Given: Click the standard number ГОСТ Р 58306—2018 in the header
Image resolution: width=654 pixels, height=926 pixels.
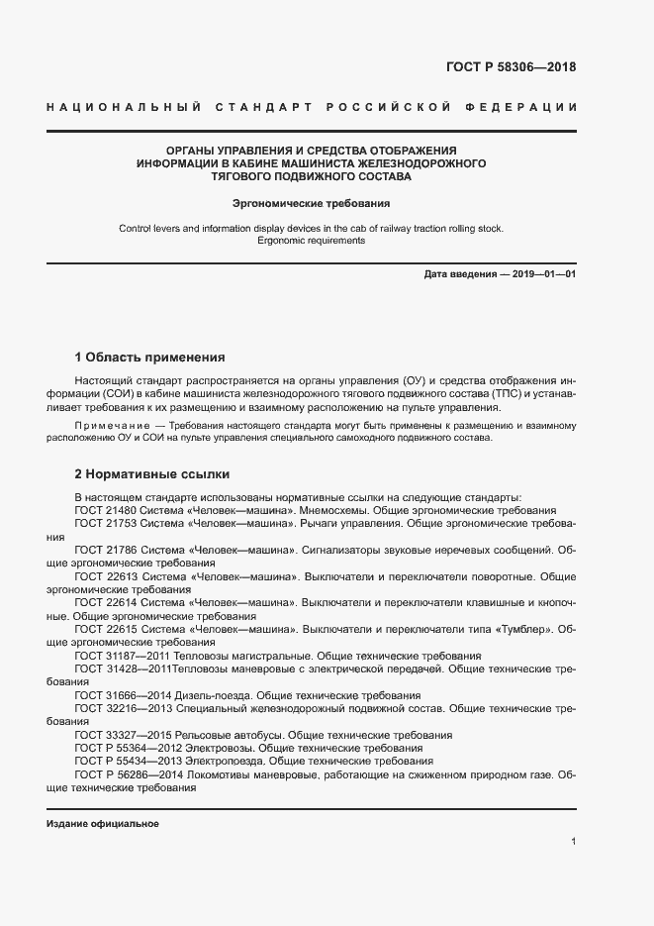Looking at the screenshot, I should (512, 68).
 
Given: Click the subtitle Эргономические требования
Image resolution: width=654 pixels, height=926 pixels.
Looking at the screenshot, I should (311, 203).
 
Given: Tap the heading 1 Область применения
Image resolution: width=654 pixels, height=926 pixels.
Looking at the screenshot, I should (150, 357).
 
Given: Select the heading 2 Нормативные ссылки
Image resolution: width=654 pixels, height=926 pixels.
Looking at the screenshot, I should (152, 474).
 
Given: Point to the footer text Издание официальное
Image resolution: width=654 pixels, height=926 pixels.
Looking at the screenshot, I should (103, 824).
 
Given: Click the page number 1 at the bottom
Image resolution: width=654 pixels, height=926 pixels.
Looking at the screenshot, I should (573, 842).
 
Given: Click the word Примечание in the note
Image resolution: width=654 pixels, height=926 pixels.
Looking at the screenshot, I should (105, 425).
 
